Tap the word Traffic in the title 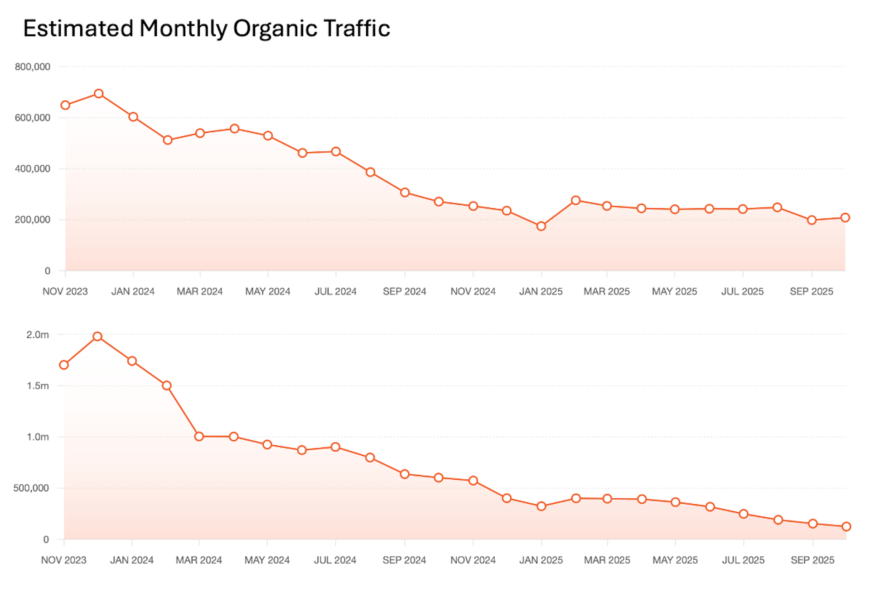[x=357, y=28]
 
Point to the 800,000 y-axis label [x=32, y=67]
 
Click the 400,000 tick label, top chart [x=32, y=169]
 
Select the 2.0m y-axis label [x=37, y=335]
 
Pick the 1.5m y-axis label [x=37, y=386]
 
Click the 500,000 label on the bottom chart [x=31, y=488]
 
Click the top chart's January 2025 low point [x=541, y=226]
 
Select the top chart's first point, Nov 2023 [x=65, y=105]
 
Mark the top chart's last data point [x=845, y=218]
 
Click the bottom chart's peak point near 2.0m [x=97, y=337]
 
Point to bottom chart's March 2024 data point [x=199, y=437]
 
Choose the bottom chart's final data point [x=846, y=526]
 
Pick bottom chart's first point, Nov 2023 [x=64, y=365]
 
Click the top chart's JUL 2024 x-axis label [x=335, y=292]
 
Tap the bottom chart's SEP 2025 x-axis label [x=812, y=560]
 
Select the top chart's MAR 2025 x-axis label [x=606, y=292]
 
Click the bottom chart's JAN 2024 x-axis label [x=132, y=560]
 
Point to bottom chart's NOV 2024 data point [x=473, y=481]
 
